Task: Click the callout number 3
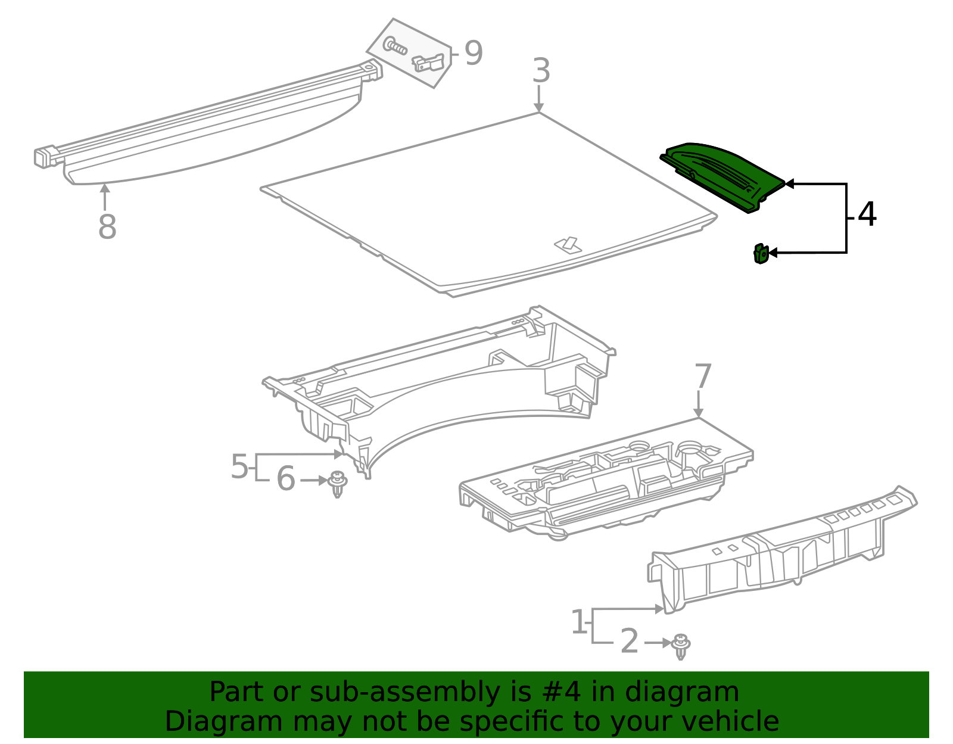coord(541,71)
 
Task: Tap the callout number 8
coord(107,227)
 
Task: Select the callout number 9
coord(473,54)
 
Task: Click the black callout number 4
coord(867,214)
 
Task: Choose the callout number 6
coord(286,479)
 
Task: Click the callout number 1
coord(579,622)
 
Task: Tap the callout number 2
coord(629,642)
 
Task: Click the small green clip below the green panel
coord(761,254)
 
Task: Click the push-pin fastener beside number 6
coord(338,483)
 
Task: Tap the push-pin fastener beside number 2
coord(680,646)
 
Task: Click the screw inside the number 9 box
coord(395,45)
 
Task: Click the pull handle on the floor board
coord(568,244)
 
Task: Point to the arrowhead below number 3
coord(538,107)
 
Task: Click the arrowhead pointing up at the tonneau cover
coord(105,189)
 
